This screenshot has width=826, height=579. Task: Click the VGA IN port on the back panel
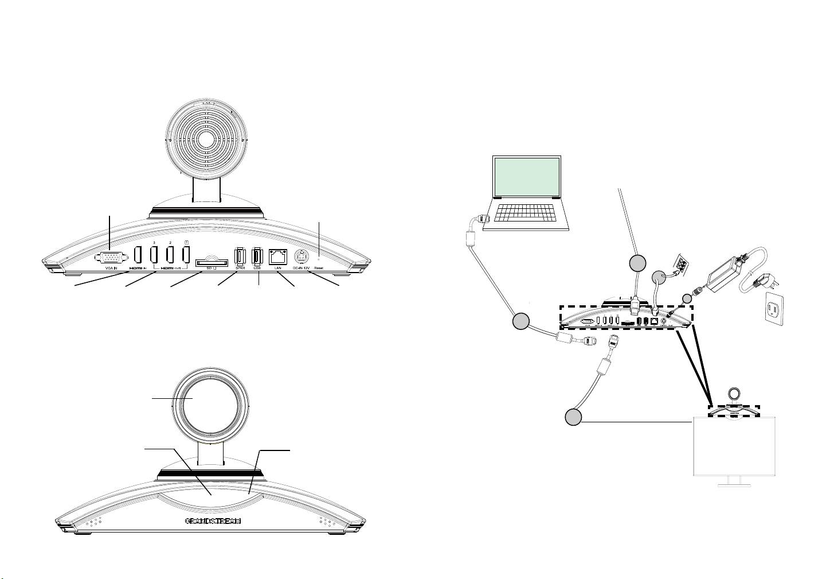tap(109, 259)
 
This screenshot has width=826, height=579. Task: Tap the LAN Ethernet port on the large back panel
tap(278, 257)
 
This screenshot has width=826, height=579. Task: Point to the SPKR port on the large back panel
tap(240, 257)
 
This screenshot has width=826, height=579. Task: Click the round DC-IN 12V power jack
tap(302, 257)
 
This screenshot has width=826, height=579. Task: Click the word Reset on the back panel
tap(319, 268)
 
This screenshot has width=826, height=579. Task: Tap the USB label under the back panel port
tap(257, 268)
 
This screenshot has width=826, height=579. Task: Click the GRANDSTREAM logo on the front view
tap(213, 522)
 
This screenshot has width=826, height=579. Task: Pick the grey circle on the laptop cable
tap(520, 321)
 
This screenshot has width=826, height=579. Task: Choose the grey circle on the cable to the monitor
tap(572, 417)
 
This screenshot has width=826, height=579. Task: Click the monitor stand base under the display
tap(734, 485)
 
